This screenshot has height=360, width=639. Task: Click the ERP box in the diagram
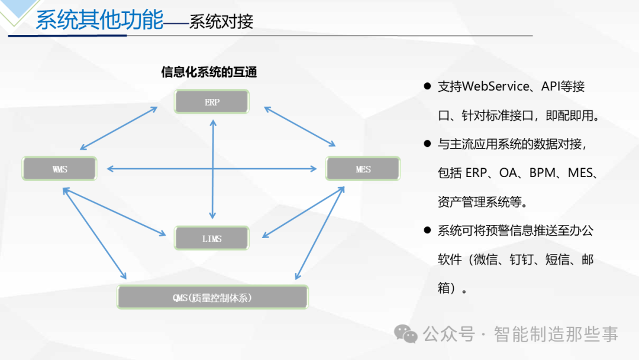click(211, 101)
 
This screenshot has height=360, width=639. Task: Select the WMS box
click(60, 168)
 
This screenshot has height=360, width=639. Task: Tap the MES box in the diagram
click(363, 168)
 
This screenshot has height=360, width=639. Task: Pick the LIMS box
click(211, 238)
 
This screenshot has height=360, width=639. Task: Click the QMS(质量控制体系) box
click(212, 297)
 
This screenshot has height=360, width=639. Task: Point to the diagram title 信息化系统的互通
click(209, 72)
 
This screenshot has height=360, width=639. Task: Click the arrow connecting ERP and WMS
click(118, 128)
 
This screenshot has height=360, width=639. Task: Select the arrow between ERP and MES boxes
click(299, 126)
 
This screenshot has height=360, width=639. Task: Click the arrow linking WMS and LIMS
click(115, 211)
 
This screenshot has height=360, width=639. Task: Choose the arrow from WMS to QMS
click(95, 233)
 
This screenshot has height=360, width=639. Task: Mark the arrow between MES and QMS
click(320, 233)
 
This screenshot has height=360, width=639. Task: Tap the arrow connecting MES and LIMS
click(303, 212)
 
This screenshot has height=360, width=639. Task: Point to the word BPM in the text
click(542, 173)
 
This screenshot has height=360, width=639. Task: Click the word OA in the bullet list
click(508, 173)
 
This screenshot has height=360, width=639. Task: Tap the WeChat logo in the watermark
click(405, 334)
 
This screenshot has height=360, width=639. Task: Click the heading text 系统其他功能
click(99, 20)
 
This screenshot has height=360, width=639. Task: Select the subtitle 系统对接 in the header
click(221, 21)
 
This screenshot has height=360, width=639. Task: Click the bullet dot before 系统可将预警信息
click(427, 230)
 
